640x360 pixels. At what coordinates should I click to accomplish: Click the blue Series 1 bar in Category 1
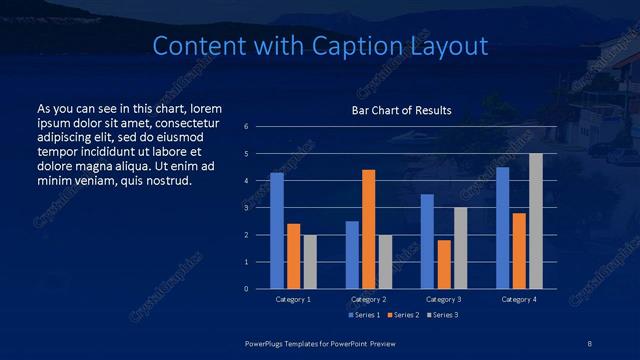277,231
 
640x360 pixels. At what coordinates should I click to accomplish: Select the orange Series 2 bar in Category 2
369,229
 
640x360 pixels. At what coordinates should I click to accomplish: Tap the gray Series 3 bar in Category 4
536,221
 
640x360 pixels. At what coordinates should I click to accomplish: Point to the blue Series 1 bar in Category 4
503,228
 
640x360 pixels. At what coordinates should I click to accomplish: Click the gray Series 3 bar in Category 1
310,262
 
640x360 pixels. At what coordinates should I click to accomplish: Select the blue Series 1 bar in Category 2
352,255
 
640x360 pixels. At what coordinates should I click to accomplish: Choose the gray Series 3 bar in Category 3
461,248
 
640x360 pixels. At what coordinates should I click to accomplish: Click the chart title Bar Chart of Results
402,110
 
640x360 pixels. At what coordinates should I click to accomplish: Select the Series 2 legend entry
402,315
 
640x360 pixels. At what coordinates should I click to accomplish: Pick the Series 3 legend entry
442,315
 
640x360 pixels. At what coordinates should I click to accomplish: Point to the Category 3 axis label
443,299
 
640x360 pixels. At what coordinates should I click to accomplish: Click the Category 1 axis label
293,299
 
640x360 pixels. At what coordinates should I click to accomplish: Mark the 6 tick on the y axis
246,127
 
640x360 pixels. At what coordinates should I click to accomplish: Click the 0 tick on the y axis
246,289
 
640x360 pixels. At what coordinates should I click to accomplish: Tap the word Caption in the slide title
359,46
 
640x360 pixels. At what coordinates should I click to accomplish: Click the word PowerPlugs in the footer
266,342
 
